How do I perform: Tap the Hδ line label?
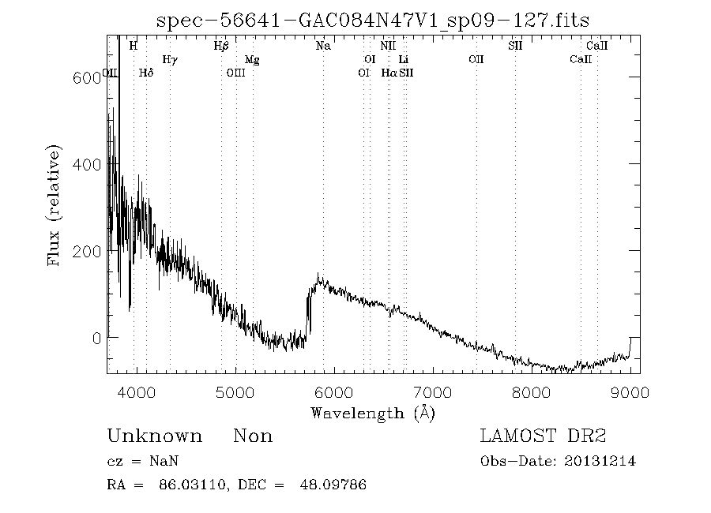(x=145, y=73)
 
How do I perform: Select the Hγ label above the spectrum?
(x=169, y=59)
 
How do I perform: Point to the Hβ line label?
(x=221, y=46)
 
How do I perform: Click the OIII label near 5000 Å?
(x=235, y=73)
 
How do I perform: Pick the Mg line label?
(x=252, y=59)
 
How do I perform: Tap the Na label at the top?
(x=323, y=46)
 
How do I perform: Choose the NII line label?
(x=387, y=46)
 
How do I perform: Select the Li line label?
(x=404, y=59)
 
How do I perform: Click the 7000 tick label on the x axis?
(x=433, y=393)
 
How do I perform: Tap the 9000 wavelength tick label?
(x=630, y=393)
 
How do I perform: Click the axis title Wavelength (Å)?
(x=373, y=412)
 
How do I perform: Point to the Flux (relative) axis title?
(x=55, y=205)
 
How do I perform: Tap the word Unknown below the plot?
(x=154, y=436)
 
